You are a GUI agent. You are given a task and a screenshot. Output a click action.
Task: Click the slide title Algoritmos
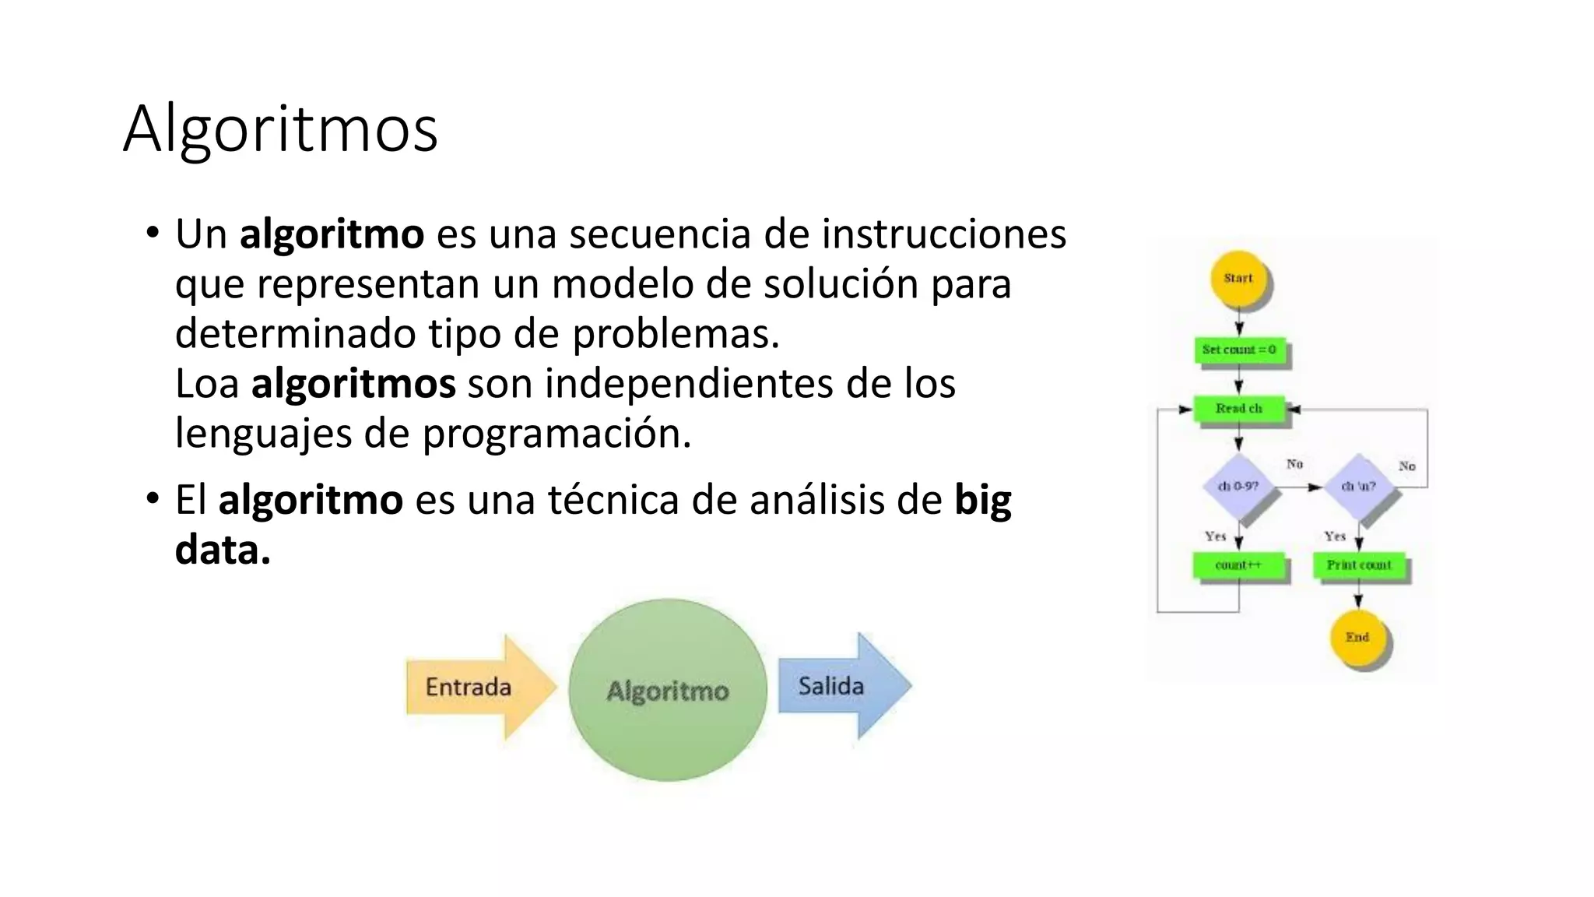tap(280, 128)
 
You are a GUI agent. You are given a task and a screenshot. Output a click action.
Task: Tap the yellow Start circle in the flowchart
tap(1238, 279)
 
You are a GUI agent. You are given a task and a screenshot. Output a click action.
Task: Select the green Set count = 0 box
tap(1239, 350)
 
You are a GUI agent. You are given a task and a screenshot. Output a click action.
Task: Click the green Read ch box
tap(1239, 409)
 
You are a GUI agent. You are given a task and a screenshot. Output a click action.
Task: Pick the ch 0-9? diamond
tap(1238, 487)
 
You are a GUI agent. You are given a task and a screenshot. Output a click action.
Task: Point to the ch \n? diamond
tap(1359, 487)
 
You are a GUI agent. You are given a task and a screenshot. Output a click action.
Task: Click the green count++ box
tap(1238, 565)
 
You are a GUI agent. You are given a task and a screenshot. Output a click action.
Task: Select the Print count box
tap(1359, 565)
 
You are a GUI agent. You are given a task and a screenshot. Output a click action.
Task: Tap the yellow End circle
tap(1357, 638)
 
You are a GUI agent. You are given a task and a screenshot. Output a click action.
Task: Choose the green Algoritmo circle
tap(668, 690)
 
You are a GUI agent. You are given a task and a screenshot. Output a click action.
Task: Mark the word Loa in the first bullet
tap(206, 384)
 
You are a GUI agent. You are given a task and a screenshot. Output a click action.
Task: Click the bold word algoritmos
tap(353, 384)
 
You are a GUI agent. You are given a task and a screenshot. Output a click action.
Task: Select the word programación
tap(556, 434)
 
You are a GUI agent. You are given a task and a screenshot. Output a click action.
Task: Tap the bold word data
tap(222, 551)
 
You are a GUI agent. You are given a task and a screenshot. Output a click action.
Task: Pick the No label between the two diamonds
tap(1294, 464)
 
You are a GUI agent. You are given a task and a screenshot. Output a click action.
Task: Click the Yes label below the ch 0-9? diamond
tap(1215, 536)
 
